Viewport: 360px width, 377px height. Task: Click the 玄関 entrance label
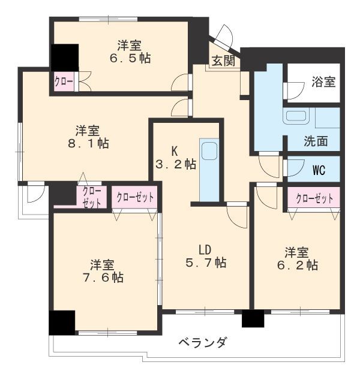coord(223,61)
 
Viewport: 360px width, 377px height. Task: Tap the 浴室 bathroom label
coord(323,82)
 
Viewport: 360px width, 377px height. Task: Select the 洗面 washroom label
coord(316,141)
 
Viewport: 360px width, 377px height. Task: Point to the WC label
coord(319,170)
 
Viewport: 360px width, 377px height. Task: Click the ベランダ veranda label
coord(202,342)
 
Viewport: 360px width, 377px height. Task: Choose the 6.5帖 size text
coord(130,58)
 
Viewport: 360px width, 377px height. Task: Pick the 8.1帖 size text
coord(88,143)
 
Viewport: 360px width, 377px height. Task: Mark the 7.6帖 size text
coord(103,278)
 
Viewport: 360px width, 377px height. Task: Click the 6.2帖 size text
coord(298,265)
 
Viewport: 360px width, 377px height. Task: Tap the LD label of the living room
coord(205,250)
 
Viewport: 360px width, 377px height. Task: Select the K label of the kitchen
coord(175,152)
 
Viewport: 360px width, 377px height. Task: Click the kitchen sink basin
coord(209,151)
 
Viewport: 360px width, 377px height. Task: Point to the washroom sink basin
coord(296,116)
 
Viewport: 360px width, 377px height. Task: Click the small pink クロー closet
coord(64,82)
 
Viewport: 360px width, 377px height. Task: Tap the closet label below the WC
coord(314,199)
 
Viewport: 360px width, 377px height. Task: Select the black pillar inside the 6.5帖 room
coord(65,58)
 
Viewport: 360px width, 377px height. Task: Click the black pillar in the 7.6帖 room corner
coord(62,323)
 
